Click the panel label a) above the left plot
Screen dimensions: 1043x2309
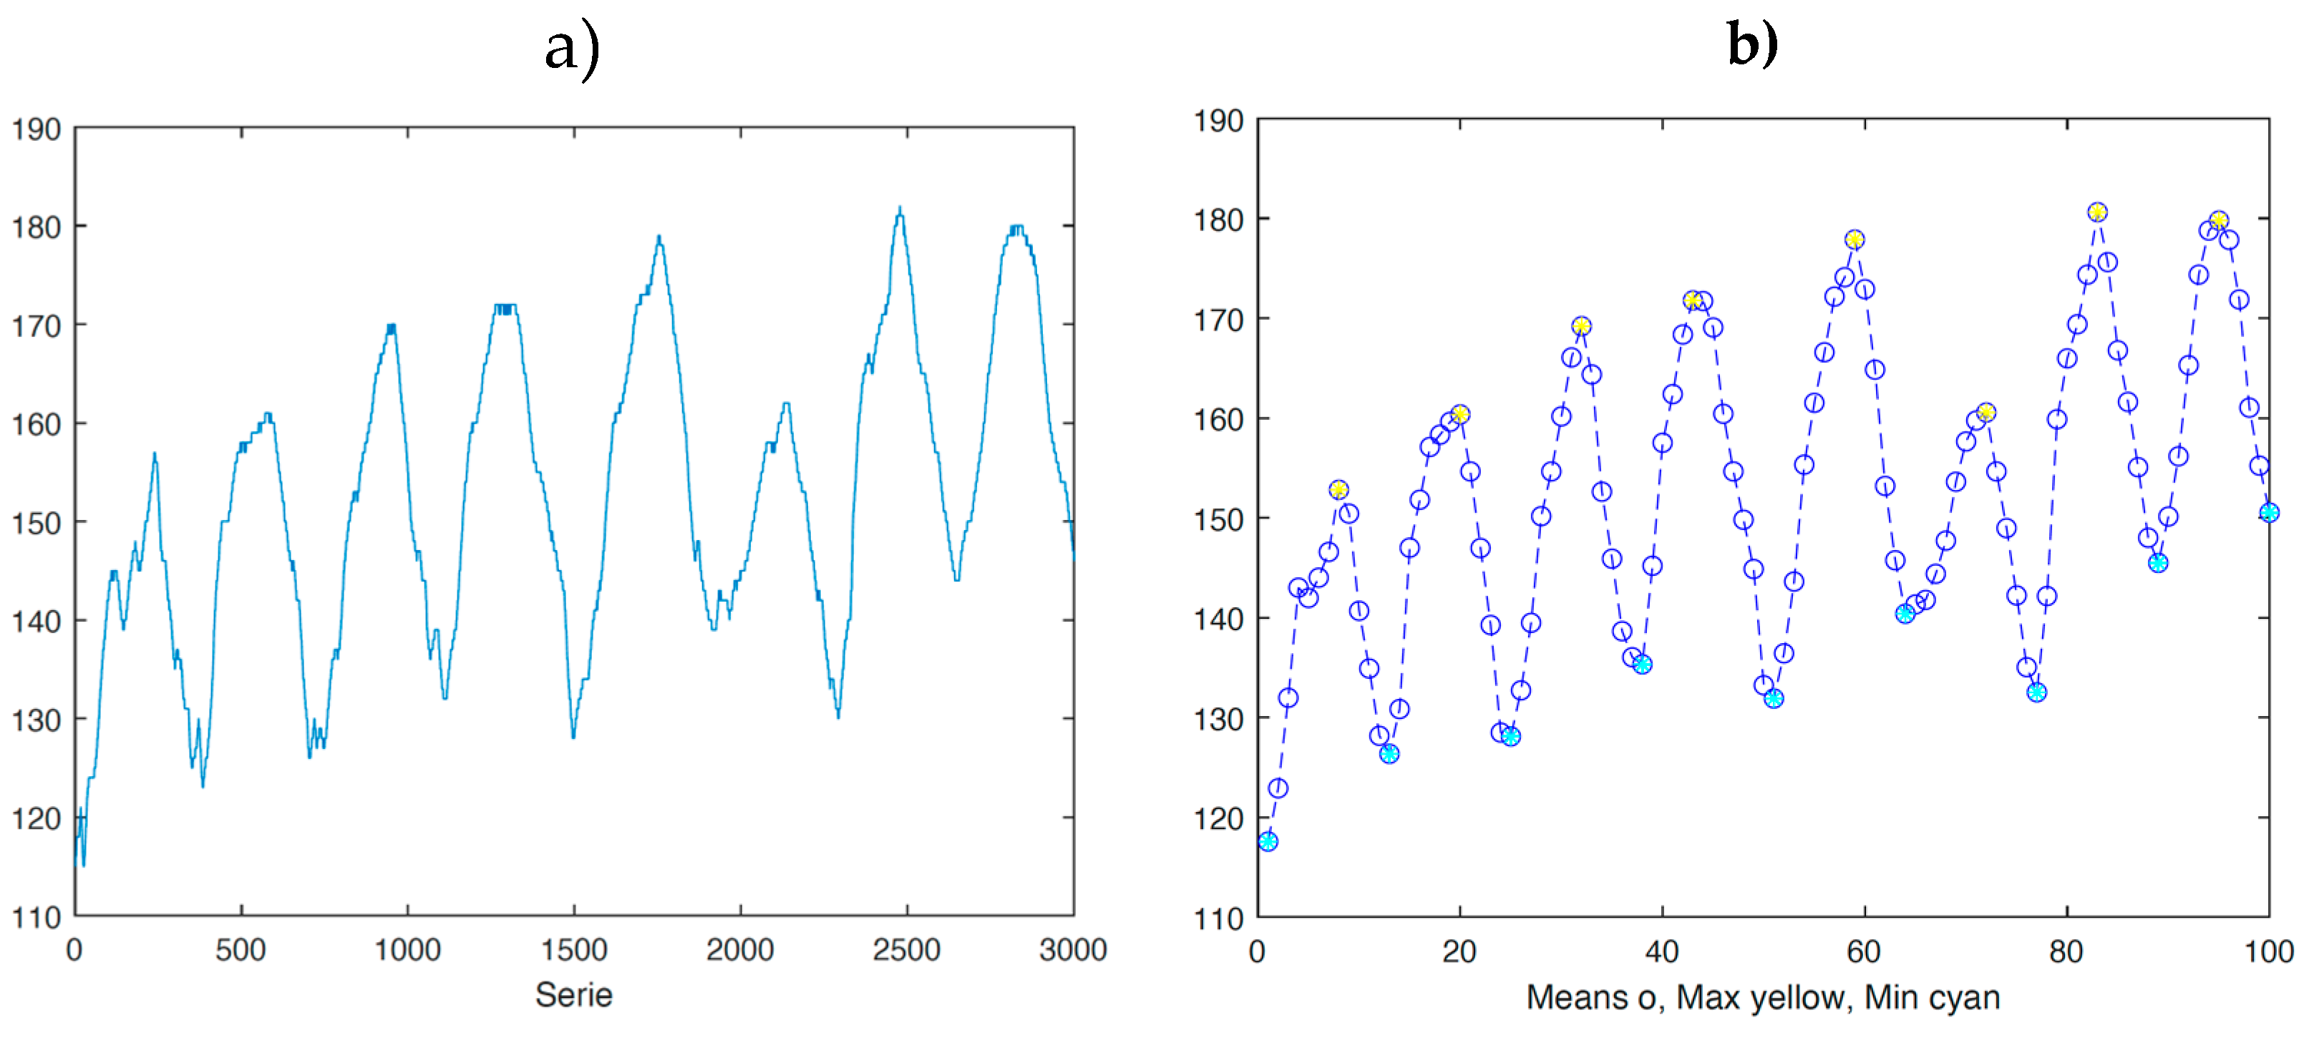click(572, 49)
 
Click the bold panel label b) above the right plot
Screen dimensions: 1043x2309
click(1752, 45)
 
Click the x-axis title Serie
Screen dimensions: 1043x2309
click(573, 994)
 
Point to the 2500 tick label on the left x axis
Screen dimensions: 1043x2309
click(906, 950)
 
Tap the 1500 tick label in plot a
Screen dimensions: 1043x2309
click(573, 950)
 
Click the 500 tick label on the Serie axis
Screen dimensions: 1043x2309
click(240, 950)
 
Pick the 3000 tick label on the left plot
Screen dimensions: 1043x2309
click(1072, 950)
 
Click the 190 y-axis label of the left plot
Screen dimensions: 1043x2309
click(36, 130)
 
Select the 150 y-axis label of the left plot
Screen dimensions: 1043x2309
click(36, 524)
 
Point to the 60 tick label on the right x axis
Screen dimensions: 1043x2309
click(1865, 951)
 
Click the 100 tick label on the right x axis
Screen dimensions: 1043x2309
click(2267, 951)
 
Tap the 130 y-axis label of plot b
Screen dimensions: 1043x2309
click(1218, 720)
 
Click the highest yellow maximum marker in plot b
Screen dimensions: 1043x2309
click(2096, 212)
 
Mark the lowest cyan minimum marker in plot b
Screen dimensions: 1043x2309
click(1268, 841)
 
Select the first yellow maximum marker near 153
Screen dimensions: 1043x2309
click(1338, 489)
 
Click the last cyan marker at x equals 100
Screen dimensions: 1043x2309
click(2269, 512)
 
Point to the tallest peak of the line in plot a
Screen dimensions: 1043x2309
click(899, 210)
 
